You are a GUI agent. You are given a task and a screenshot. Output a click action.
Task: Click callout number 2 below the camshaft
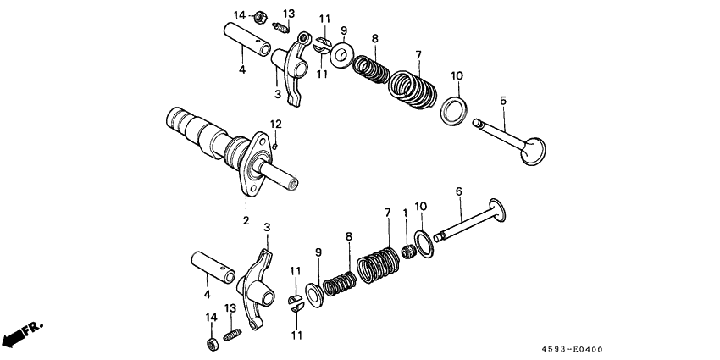click(246, 221)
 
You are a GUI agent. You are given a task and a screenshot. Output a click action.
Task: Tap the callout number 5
click(503, 101)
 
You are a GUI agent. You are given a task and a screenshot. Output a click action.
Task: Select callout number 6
click(458, 192)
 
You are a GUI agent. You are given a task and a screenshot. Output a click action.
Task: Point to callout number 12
click(275, 125)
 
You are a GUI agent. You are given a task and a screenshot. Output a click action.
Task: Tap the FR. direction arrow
click(21, 335)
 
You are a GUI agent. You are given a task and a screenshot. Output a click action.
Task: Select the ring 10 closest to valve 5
click(455, 111)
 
